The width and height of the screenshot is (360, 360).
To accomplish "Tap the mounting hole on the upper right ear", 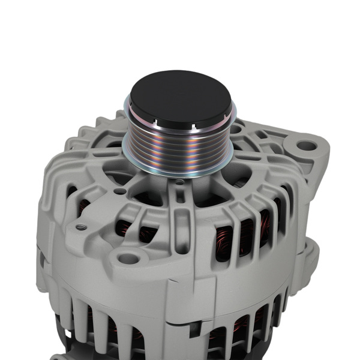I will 307,145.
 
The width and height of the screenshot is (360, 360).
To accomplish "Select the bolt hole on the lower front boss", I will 128,259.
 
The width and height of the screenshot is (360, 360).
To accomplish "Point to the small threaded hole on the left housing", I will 80,227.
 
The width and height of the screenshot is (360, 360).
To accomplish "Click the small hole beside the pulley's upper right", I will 236,128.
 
